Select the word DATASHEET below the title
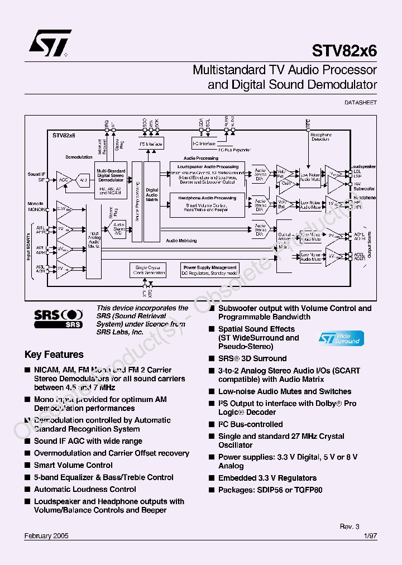361,103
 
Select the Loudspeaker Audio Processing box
207,174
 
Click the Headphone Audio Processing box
207,204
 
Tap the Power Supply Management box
210,270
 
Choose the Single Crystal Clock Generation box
147,270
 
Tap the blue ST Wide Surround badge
341,338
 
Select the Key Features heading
54,355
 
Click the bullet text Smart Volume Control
73,465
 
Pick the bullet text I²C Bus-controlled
250,424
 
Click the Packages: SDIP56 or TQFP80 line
270,490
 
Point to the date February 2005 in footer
46,535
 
